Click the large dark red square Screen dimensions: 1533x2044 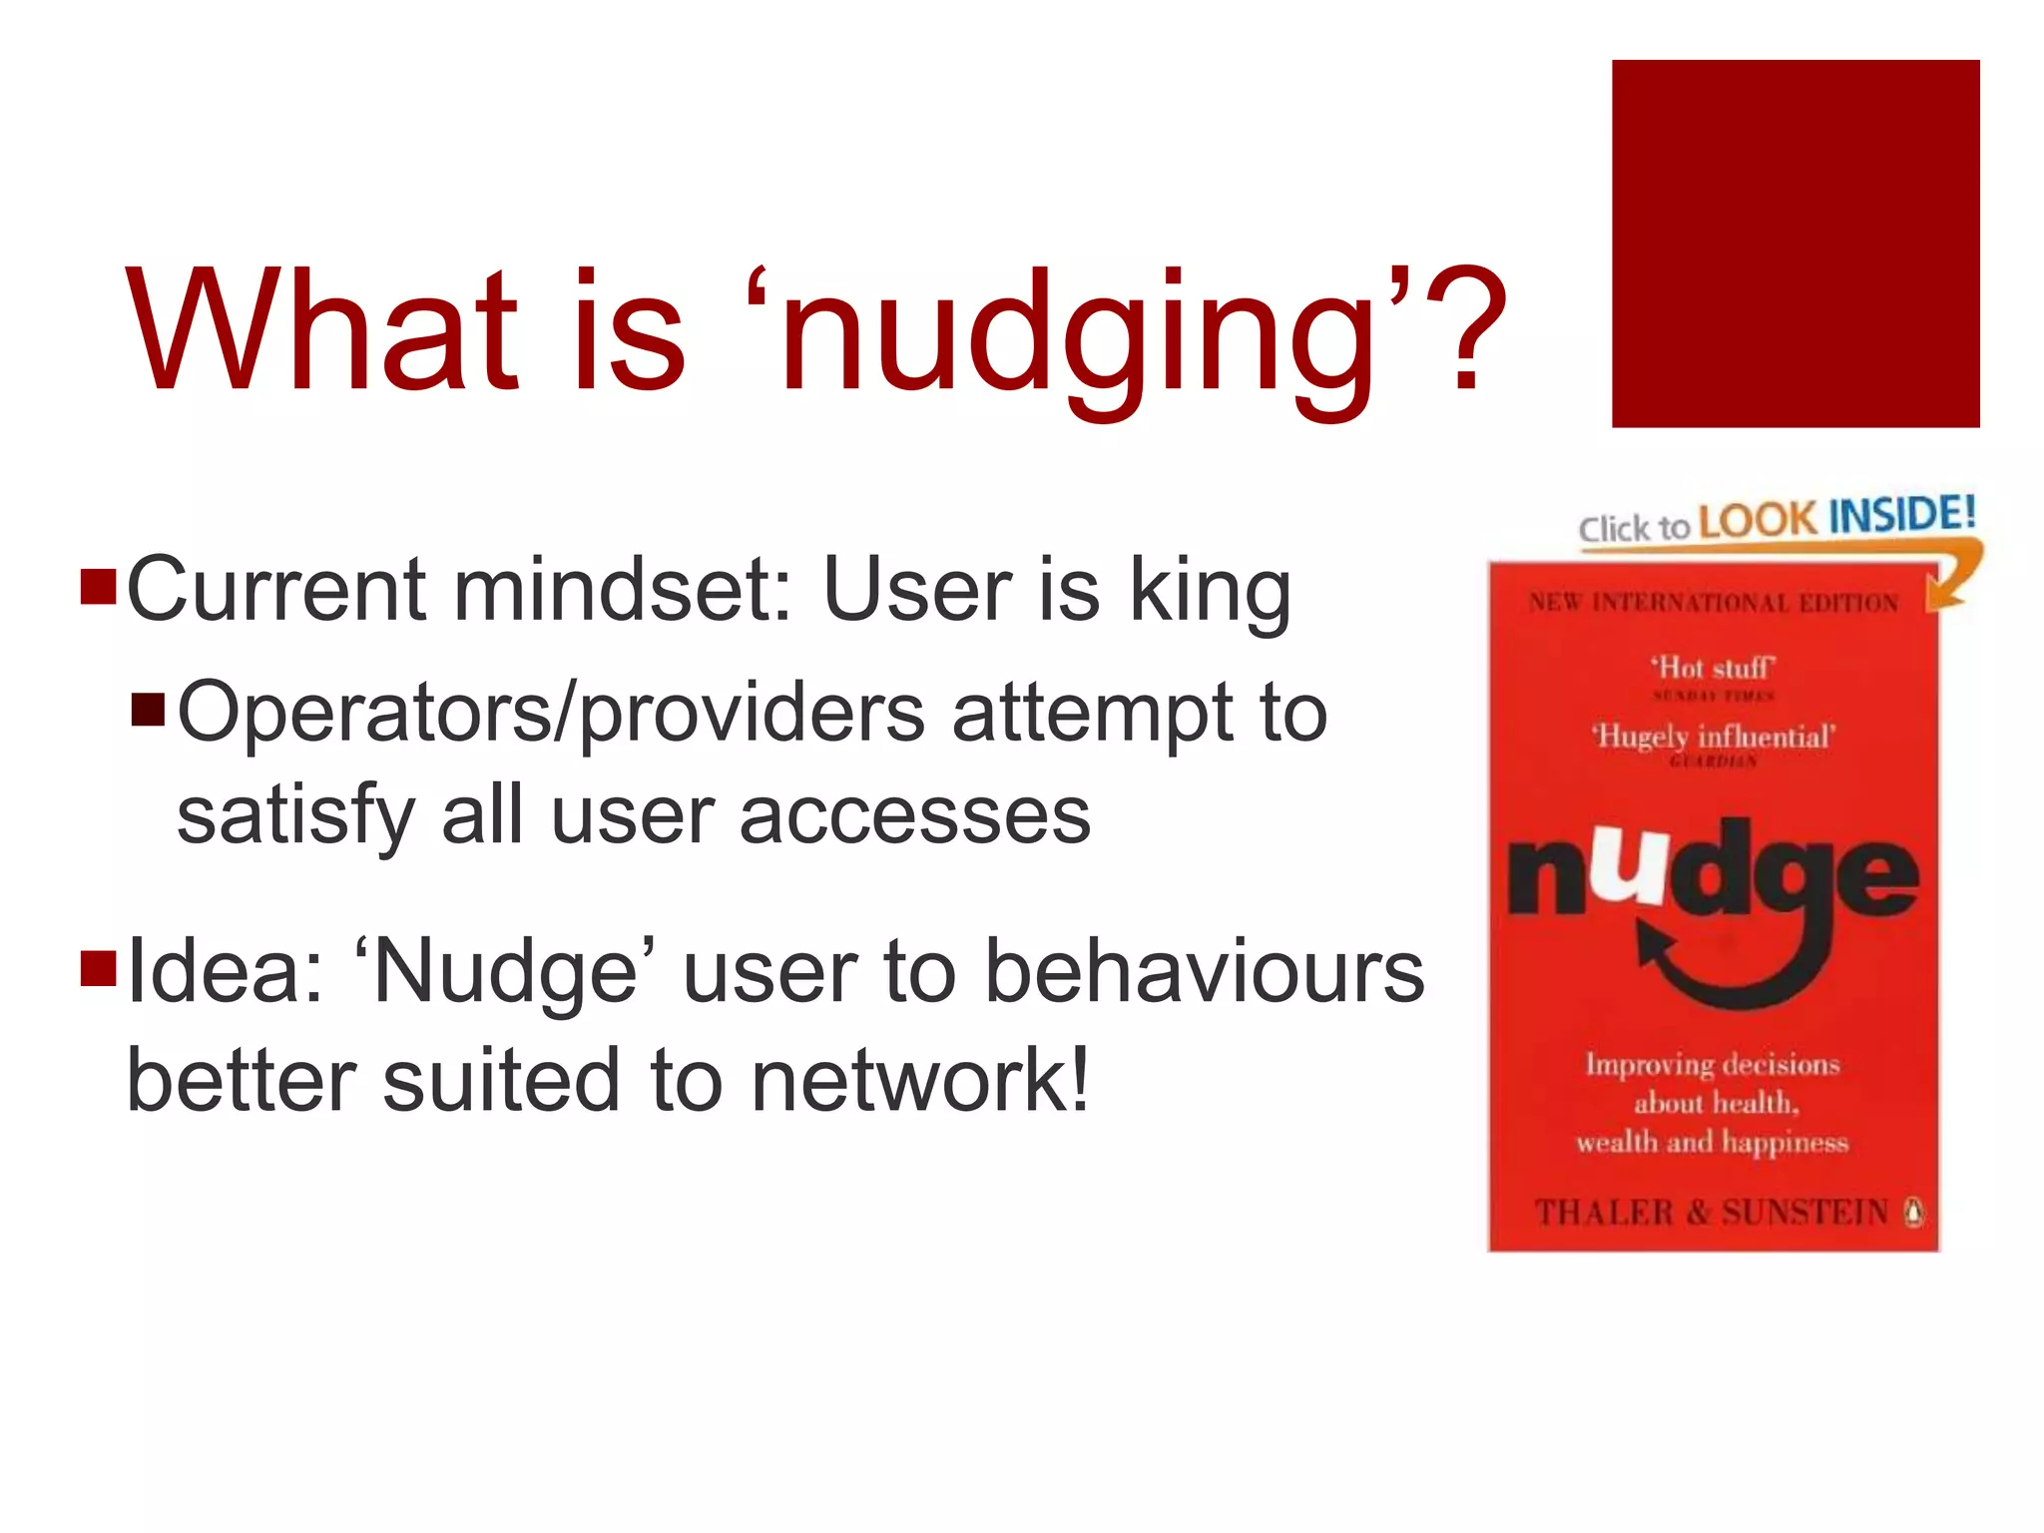point(1794,244)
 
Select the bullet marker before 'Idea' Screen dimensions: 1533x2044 point(99,967)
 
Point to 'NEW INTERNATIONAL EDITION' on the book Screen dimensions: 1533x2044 point(1713,603)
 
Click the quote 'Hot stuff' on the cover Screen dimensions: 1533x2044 point(1713,667)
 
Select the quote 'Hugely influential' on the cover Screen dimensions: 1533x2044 point(1713,737)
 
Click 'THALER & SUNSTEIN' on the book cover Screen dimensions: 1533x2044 point(1711,1212)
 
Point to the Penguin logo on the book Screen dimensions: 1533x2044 point(1913,1212)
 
